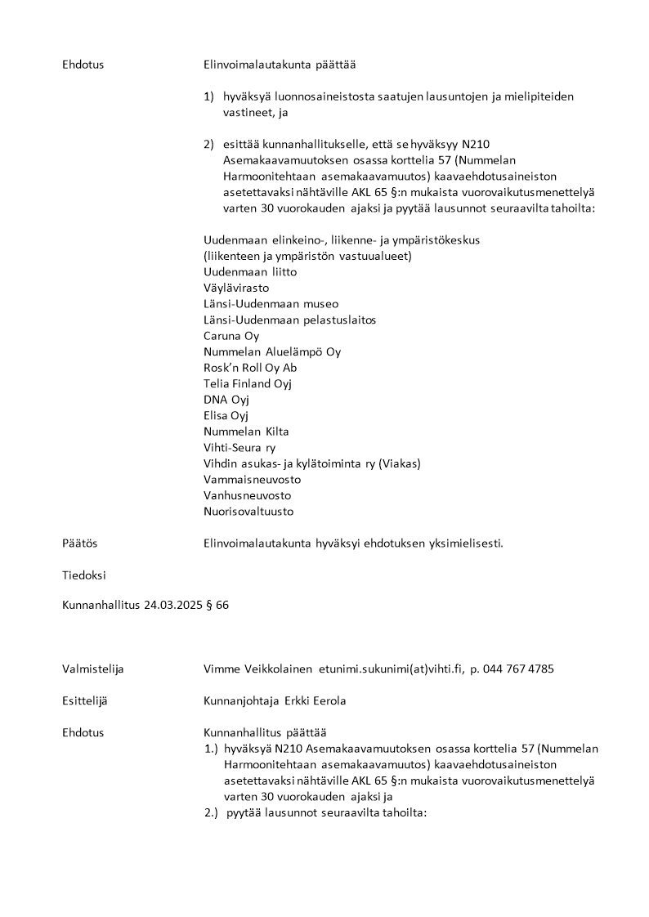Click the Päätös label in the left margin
[x=79, y=543]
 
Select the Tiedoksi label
[x=83, y=575]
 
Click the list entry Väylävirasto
[x=236, y=288]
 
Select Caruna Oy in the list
[x=231, y=336]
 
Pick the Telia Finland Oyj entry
[x=248, y=383]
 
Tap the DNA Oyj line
[x=226, y=400]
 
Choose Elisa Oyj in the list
[x=226, y=415]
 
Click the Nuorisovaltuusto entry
[x=248, y=512]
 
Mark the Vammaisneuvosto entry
[x=253, y=480]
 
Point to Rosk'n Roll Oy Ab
[x=250, y=368]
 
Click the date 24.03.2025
[x=171, y=606]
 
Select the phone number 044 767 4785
[x=518, y=669]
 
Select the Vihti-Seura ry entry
[x=239, y=448]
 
